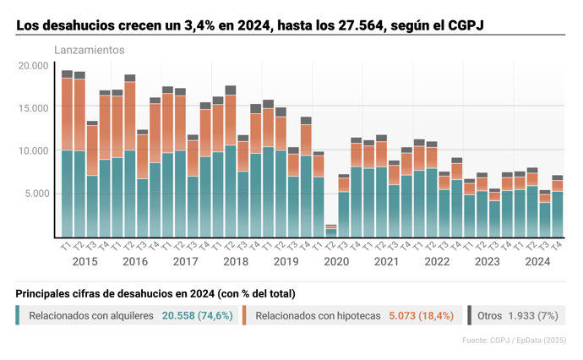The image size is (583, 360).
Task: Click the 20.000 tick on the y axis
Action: (33, 65)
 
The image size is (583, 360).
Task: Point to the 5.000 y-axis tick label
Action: (35, 194)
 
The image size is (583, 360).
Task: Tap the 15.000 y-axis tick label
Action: (33, 108)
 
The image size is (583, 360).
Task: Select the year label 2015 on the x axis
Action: (84, 261)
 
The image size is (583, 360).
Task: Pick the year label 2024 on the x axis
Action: (538, 261)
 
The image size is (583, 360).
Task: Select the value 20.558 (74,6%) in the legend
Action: (196, 315)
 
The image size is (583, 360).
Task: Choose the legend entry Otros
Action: (490, 315)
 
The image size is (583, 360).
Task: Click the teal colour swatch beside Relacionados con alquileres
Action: (19, 315)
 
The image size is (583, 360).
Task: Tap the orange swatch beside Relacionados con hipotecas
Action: (244, 315)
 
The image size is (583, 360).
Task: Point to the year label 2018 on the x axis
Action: (236, 261)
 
